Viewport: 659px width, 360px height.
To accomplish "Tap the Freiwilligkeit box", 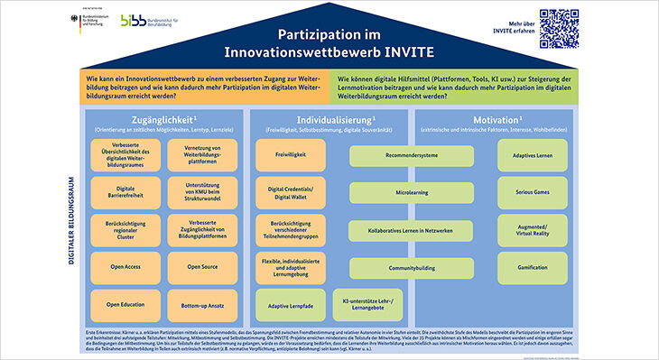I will coord(289,154).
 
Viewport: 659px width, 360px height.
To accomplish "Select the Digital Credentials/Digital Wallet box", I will coord(289,192).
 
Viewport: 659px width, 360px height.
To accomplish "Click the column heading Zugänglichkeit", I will coord(162,120).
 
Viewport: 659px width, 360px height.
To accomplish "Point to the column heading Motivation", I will coord(532,120).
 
